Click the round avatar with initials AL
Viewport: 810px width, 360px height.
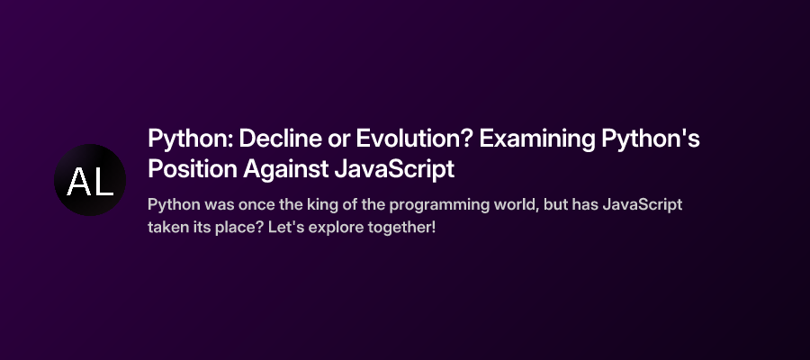(90, 180)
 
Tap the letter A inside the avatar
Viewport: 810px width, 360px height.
(78, 182)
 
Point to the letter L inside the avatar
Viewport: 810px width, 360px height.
(103, 182)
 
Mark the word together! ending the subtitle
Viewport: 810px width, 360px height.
(404, 226)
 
